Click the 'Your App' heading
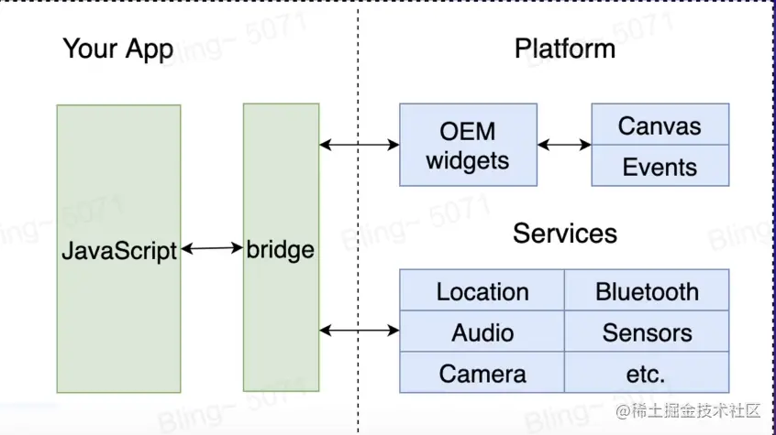(x=117, y=49)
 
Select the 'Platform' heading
(x=564, y=49)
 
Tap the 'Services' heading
(x=564, y=233)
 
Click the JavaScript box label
(x=118, y=249)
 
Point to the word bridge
(x=281, y=249)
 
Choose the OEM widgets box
(x=468, y=145)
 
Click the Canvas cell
(x=660, y=125)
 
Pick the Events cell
(x=660, y=167)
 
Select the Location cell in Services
(x=482, y=291)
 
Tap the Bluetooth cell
(x=647, y=291)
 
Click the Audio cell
(x=482, y=332)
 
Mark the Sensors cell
(x=647, y=332)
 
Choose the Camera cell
(x=482, y=373)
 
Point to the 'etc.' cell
(x=647, y=373)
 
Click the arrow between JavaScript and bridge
(x=212, y=247)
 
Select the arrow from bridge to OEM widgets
(x=360, y=144)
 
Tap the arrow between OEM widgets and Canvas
(x=564, y=144)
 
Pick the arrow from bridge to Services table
(x=360, y=330)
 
